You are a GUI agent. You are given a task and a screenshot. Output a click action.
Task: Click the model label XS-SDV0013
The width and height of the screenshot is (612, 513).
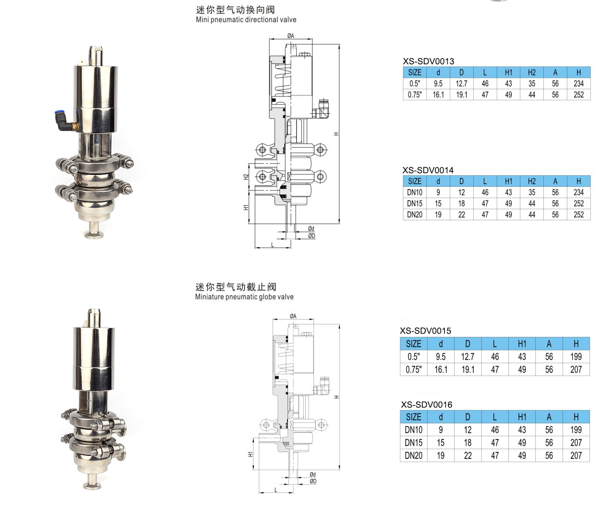coord(428,61)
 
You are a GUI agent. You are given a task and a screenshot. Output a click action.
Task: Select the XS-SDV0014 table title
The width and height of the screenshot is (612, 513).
coord(428,170)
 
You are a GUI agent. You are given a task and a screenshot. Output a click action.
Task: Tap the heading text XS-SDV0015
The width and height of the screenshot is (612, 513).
coord(426,331)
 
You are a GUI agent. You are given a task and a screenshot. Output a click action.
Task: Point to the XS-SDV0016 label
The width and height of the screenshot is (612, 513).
coord(426,405)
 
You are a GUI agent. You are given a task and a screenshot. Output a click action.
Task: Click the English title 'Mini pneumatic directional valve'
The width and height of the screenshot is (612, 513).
coord(246,20)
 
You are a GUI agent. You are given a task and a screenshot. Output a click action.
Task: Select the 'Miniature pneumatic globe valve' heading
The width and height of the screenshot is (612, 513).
coord(244,297)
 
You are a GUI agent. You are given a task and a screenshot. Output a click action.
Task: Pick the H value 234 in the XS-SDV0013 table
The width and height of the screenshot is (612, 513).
coord(578,84)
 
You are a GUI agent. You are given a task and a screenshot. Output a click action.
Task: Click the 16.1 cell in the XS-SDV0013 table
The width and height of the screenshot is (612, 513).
coord(438,95)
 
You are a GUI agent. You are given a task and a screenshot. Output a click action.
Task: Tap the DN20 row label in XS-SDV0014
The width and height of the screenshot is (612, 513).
coord(414,215)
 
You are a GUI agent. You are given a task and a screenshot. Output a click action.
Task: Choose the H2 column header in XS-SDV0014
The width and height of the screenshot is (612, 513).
coord(532,181)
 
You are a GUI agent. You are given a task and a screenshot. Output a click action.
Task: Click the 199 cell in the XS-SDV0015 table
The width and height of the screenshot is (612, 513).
coord(576,357)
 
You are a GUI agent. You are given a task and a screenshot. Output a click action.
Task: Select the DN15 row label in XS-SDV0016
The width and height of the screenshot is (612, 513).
coord(414,442)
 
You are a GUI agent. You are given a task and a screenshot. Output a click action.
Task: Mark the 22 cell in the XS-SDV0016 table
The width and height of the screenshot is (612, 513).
coord(468,455)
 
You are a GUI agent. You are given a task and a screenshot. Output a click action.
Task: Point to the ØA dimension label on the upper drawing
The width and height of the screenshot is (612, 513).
coord(290,36)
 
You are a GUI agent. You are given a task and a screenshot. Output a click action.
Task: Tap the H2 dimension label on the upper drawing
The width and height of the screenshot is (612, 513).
coord(246,177)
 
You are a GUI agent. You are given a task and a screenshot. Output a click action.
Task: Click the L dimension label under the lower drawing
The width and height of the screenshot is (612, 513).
coord(276,490)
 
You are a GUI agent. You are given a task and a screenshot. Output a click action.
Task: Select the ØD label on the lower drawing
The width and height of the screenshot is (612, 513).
coord(313,481)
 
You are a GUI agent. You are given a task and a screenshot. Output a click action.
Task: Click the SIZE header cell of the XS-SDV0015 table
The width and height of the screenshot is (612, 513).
coord(414,344)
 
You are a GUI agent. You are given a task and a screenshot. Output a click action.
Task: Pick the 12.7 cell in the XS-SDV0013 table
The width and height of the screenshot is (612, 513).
coord(461,84)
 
